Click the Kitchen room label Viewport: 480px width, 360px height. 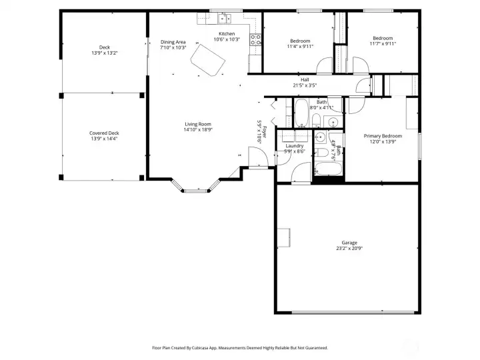(x=227, y=34)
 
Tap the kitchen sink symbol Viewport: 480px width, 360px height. (x=225, y=18)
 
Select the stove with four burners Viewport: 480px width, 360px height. (x=255, y=41)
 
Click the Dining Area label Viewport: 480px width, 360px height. (x=173, y=42)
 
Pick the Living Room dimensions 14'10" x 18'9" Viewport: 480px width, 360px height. (x=198, y=130)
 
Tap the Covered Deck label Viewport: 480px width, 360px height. (x=104, y=133)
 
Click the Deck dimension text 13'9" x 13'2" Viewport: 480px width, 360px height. (x=104, y=53)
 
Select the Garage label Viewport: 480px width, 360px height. (x=349, y=243)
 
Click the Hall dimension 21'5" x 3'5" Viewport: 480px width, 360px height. (x=305, y=85)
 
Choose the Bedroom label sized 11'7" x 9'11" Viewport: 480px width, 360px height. (x=383, y=38)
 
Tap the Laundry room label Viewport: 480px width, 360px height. (x=295, y=146)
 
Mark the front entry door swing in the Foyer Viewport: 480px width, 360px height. (x=257, y=158)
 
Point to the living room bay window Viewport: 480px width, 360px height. (x=195, y=189)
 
